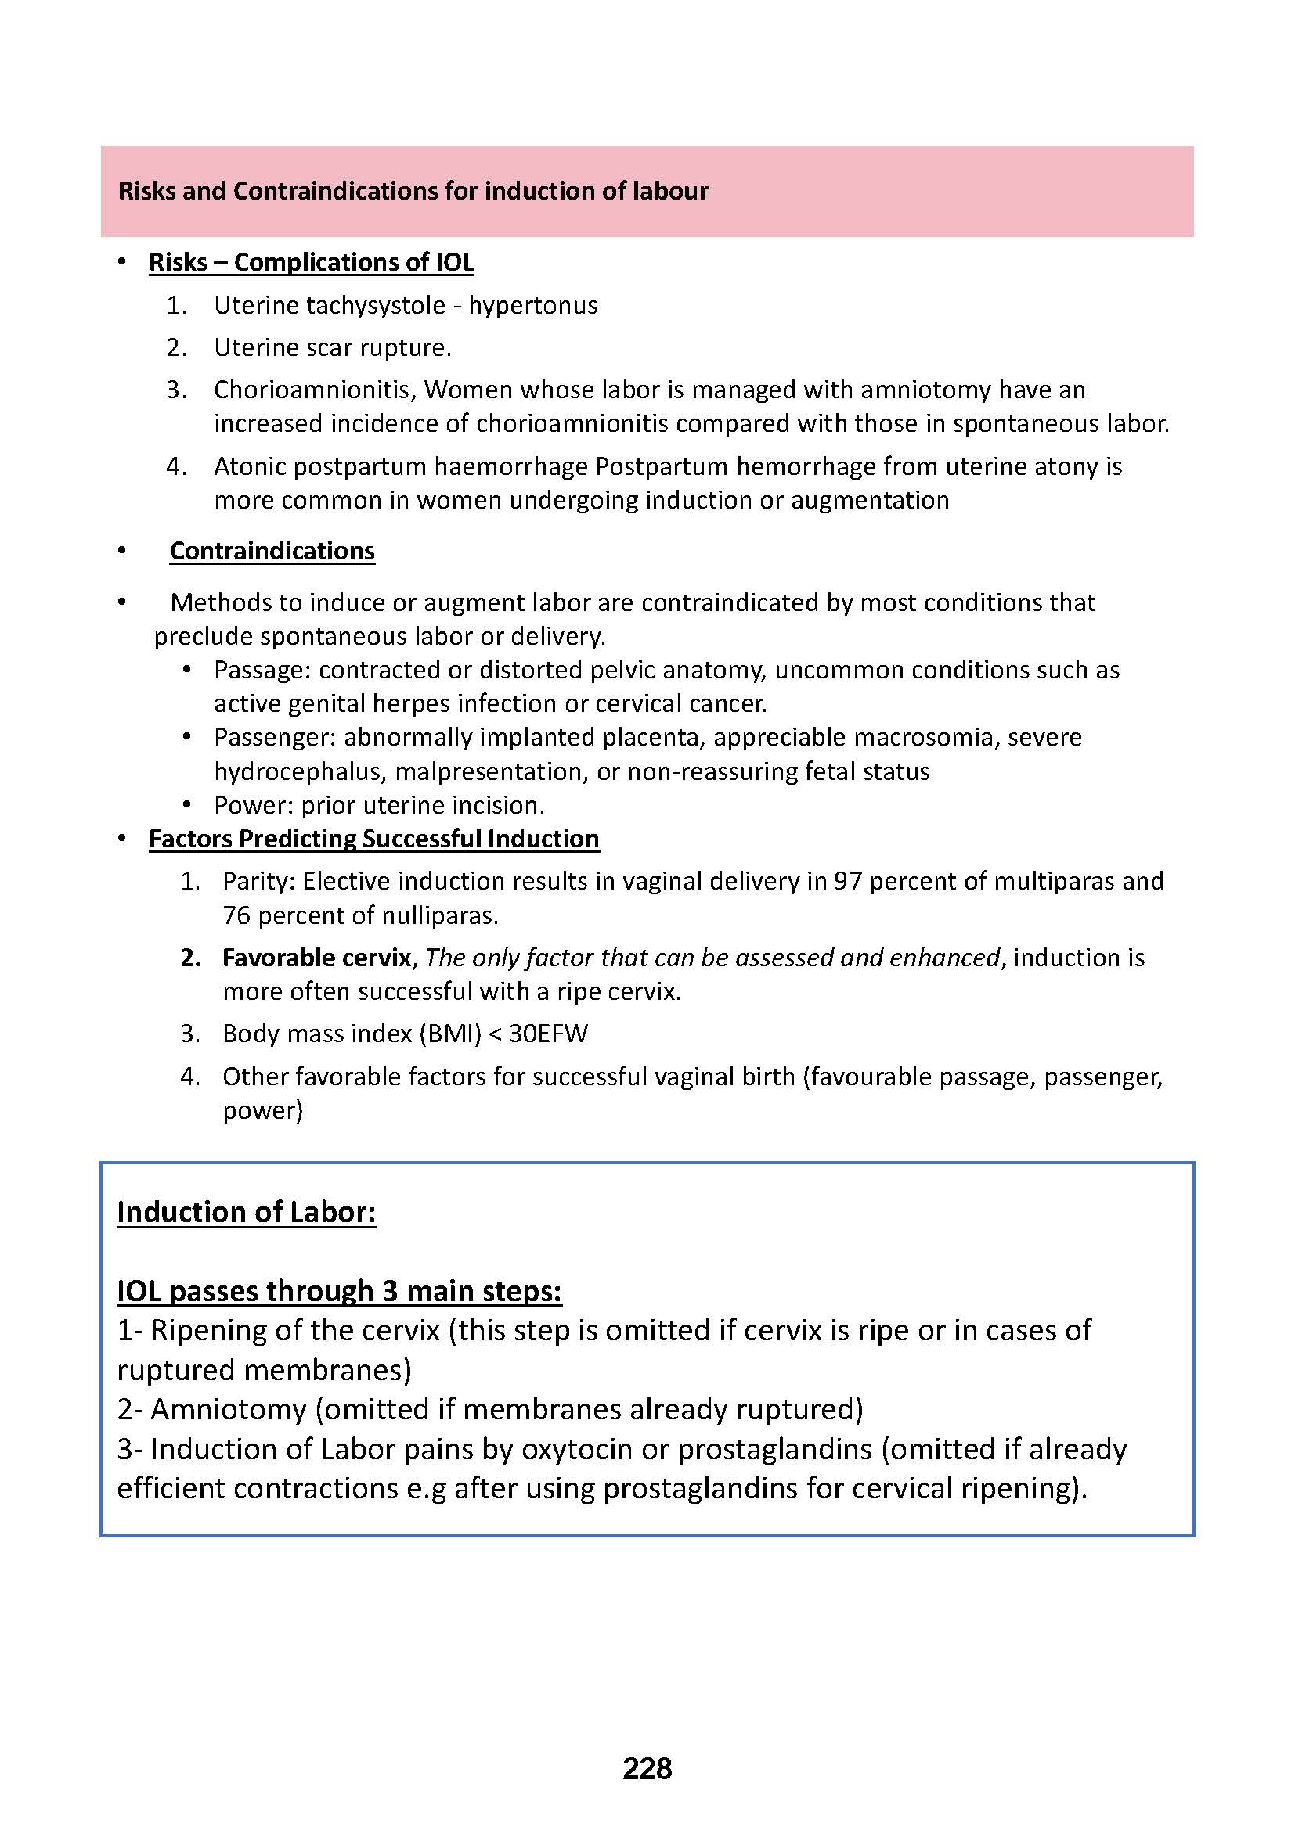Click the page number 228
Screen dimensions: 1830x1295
click(647, 1769)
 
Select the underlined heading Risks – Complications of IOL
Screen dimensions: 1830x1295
click(311, 262)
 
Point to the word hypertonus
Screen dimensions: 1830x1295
click(532, 305)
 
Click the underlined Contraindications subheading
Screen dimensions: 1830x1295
click(272, 551)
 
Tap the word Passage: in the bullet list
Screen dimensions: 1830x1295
click(262, 671)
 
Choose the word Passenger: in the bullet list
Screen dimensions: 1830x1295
click(275, 737)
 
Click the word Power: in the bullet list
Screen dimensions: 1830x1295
click(254, 805)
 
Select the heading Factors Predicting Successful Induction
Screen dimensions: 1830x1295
click(374, 839)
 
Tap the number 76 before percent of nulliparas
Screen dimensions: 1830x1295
click(236, 915)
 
